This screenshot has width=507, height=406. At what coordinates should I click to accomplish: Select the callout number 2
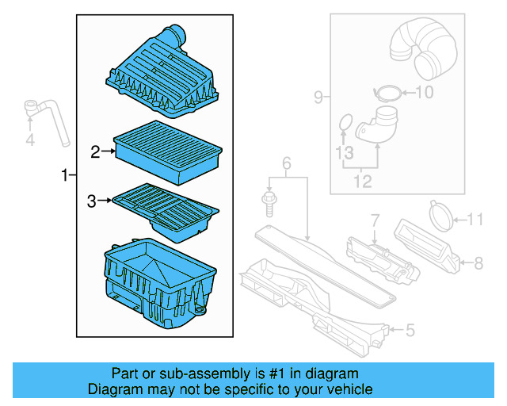[x=95, y=151]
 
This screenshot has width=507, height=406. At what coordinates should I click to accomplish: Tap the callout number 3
[x=91, y=202]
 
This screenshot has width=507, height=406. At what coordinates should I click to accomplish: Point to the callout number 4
[x=30, y=141]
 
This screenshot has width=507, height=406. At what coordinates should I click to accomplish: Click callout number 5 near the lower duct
[x=410, y=327]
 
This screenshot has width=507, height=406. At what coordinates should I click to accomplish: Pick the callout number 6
[x=286, y=163]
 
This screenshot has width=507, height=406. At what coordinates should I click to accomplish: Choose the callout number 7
[x=375, y=218]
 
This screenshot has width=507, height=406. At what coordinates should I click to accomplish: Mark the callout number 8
[x=478, y=261]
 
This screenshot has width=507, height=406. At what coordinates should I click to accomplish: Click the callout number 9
[x=318, y=98]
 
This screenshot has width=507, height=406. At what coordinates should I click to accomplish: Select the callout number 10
[x=425, y=93]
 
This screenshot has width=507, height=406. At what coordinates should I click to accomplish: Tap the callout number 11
[x=474, y=219]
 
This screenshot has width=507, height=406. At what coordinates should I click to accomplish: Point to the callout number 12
[x=361, y=182]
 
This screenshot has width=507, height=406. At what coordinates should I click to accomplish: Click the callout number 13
[x=343, y=152]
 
